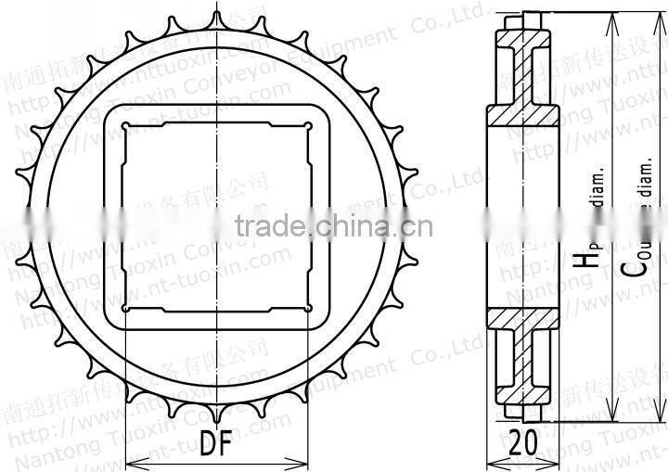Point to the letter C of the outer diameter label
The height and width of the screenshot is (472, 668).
tap(633, 266)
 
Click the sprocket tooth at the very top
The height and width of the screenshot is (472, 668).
tap(215, 20)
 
